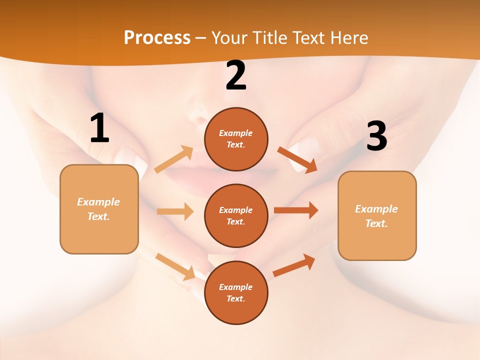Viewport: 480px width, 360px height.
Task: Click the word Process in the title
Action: coord(157,37)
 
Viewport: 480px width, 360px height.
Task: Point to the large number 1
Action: coord(99,128)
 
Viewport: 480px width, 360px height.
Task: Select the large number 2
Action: coord(236,75)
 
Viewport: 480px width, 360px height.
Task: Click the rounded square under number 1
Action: coord(99,209)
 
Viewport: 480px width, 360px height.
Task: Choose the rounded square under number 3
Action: coord(377,215)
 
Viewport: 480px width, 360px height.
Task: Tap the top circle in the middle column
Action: coord(236,139)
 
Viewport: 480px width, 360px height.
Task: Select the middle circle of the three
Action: coord(236,215)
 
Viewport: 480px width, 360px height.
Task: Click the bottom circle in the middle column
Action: coord(236,292)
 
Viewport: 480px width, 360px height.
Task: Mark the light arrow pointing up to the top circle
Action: coord(174,159)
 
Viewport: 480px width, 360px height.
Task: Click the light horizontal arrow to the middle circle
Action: coord(175,211)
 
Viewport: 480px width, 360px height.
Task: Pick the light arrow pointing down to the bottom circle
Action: coord(175,266)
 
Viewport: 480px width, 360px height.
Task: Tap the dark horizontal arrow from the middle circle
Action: coord(296,210)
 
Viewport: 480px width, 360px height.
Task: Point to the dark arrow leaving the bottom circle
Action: coord(294,265)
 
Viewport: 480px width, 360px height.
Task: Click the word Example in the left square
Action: coord(98,202)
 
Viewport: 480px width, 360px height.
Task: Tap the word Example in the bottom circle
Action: coord(235,287)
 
